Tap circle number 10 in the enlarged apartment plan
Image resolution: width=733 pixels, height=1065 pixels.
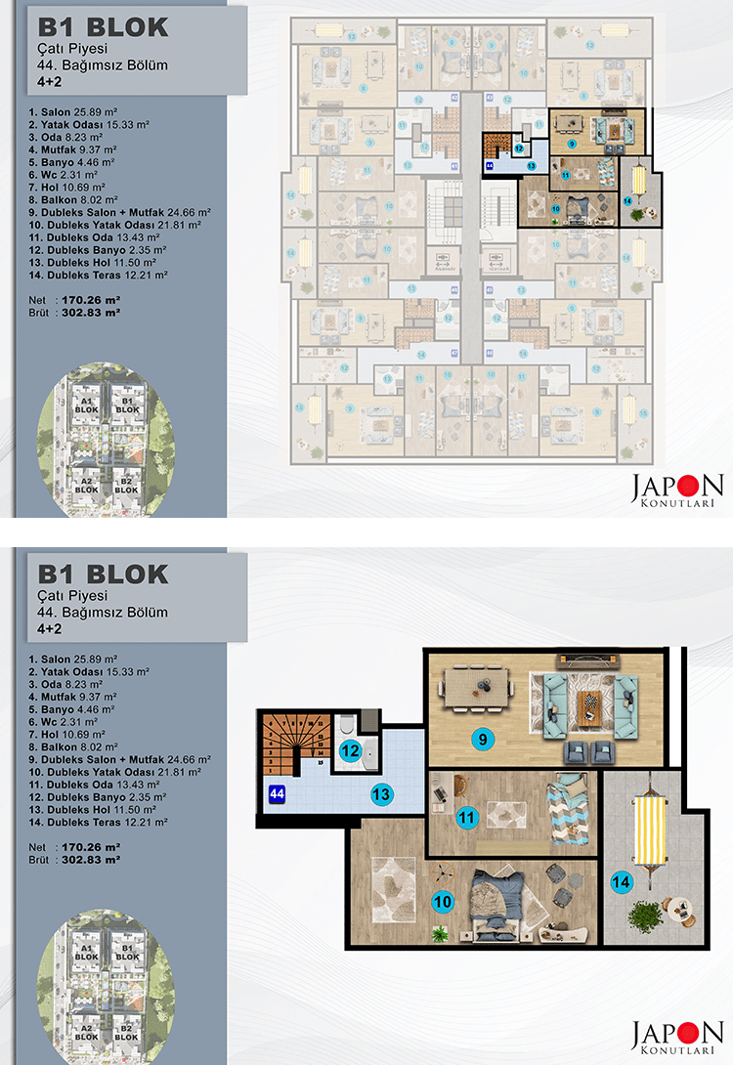[x=443, y=902]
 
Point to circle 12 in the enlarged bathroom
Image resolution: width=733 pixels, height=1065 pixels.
[x=350, y=751]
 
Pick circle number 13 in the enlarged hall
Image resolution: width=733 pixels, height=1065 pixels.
[x=381, y=794]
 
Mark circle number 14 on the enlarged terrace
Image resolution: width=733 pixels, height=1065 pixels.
[x=620, y=882]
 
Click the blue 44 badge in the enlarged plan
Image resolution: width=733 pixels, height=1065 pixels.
[x=277, y=794]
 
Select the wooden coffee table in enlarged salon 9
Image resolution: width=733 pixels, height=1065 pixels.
[x=589, y=703]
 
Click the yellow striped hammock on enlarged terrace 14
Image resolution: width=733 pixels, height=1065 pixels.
[x=648, y=829]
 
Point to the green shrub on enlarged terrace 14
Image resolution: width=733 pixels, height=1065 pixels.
[x=645, y=917]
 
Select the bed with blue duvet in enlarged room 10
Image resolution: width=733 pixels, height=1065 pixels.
[x=497, y=901]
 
